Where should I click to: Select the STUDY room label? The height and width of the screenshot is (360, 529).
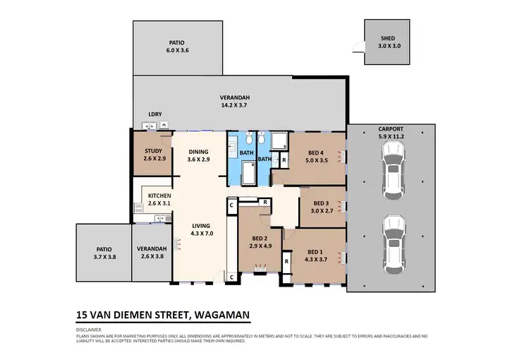tap(153, 155)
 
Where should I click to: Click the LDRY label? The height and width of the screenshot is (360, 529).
tap(154, 114)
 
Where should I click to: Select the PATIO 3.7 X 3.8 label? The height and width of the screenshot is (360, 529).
tap(103, 253)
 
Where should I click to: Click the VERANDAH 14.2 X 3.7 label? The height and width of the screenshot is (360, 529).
tap(235, 101)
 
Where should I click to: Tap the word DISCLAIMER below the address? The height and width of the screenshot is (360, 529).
tap(89, 330)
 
